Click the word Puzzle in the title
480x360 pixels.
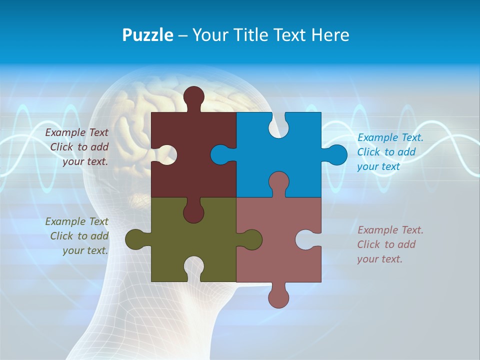[x=147, y=35]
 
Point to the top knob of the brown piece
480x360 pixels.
[x=193, y=96]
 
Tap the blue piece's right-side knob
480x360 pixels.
[x=336, y=154]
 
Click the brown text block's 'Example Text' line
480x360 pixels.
[x=76, y=132]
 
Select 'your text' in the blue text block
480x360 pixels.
[x=378, y=166]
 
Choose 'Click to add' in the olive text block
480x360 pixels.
[x=79, y=236]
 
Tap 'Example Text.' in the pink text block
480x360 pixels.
[x=390, y=230]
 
